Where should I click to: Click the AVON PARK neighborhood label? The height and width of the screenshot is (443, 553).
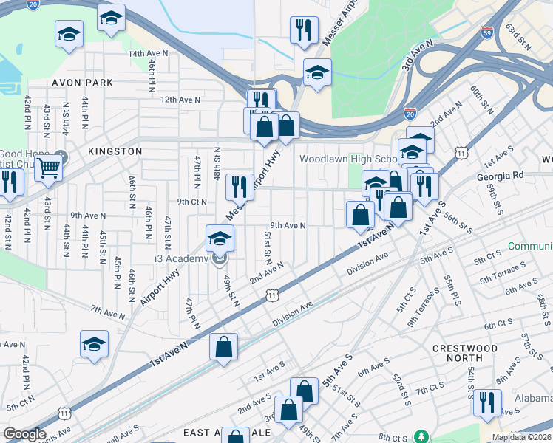[x=82, y=83]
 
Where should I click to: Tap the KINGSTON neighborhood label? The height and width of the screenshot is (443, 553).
[x=115, y=151]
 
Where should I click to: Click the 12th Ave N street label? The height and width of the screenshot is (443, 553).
[x=180, y=99]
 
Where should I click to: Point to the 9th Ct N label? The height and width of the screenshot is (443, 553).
[x=191, y=201]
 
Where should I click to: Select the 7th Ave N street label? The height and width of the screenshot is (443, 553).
[x=108, y=313]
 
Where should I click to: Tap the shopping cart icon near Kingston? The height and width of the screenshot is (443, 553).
[x=48, y=168]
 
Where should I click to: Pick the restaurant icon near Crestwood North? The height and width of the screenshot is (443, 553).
[x=486, y=402]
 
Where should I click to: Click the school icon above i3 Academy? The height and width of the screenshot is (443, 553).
[x=220, y=238]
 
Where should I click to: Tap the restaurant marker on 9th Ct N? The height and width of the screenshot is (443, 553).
[x=239, y=186]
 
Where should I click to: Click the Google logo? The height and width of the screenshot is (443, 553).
[x=24, y=435]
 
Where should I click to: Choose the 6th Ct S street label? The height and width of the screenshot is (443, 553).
[x=498, y=325]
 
